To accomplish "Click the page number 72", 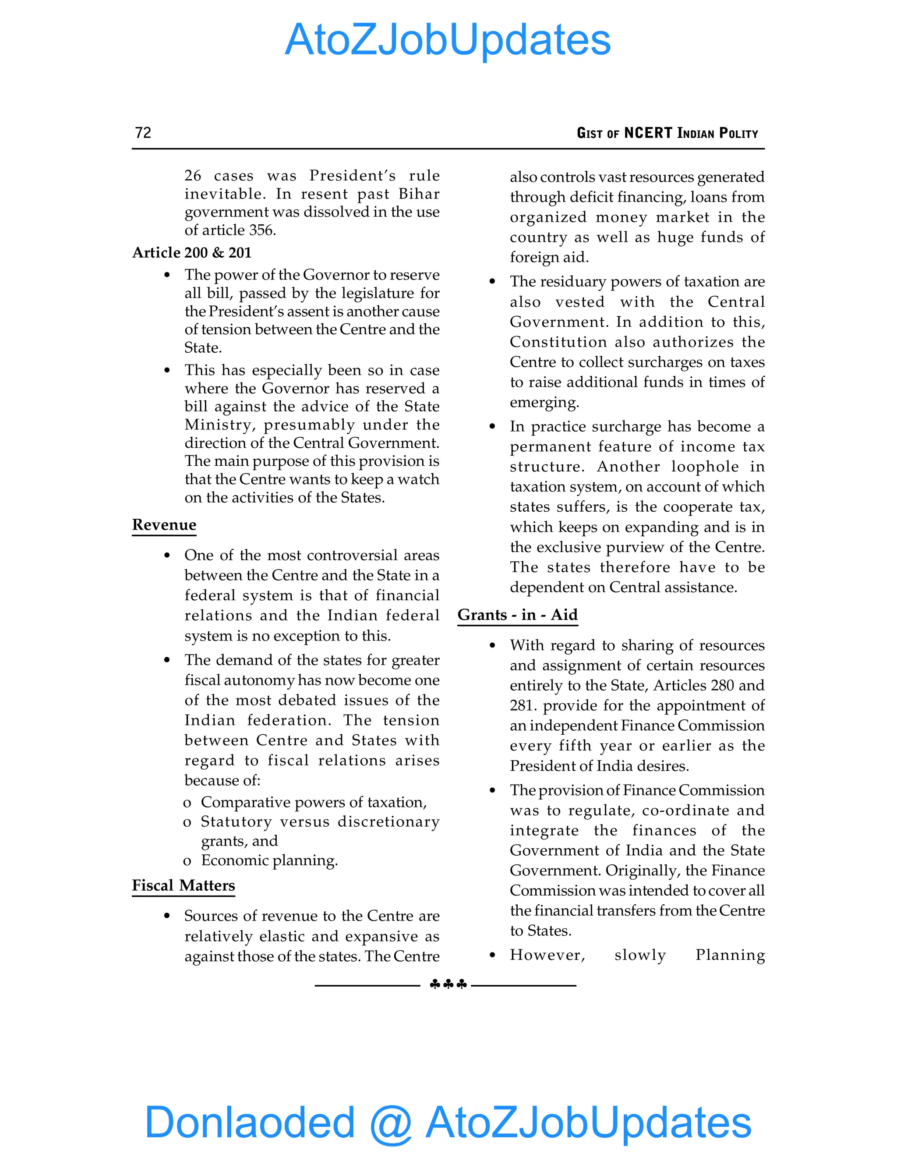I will tap(143, 132).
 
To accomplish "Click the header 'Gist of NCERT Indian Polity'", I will tap(667, 133).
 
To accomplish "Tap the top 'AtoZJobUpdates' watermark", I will tap(448, 40).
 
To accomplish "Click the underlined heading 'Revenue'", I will tap(164, 525).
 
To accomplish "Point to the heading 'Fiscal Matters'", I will tap(184, 885).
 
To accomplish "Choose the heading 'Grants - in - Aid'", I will tap(517, 615).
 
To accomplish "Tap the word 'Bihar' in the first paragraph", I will tap(419, 194).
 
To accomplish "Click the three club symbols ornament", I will tap(448, 984).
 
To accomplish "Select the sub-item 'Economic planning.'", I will tap(269, 860).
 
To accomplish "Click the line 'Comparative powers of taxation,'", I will tap(314, 802).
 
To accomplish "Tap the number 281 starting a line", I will tap(522, 705).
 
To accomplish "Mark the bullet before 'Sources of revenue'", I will tap(167, 916).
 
